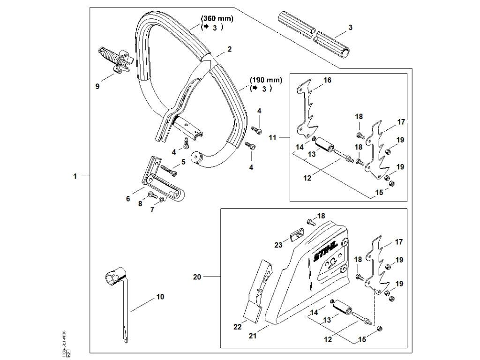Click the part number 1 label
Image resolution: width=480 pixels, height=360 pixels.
point(75,176)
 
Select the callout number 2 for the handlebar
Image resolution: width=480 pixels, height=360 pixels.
point(230,49)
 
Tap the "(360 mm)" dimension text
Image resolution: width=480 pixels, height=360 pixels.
point(217,19)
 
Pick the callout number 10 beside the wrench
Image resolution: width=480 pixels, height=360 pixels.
point(160,297)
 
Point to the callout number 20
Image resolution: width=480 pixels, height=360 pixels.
point(197,277)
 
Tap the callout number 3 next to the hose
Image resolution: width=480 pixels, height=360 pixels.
point(351,28)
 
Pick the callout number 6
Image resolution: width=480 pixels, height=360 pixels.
point(127,199)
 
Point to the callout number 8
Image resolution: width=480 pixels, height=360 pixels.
point(140,203)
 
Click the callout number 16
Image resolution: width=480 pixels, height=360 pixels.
point(327,81)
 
